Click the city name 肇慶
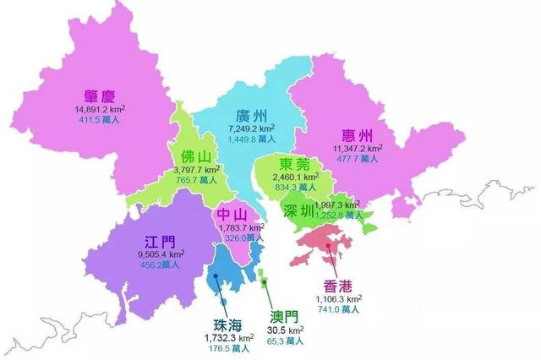click(x=101, y=95)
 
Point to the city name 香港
click(x=339, y=285)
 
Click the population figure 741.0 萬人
click(x=339, y=310)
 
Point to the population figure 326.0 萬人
click(x=234, y=238)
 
